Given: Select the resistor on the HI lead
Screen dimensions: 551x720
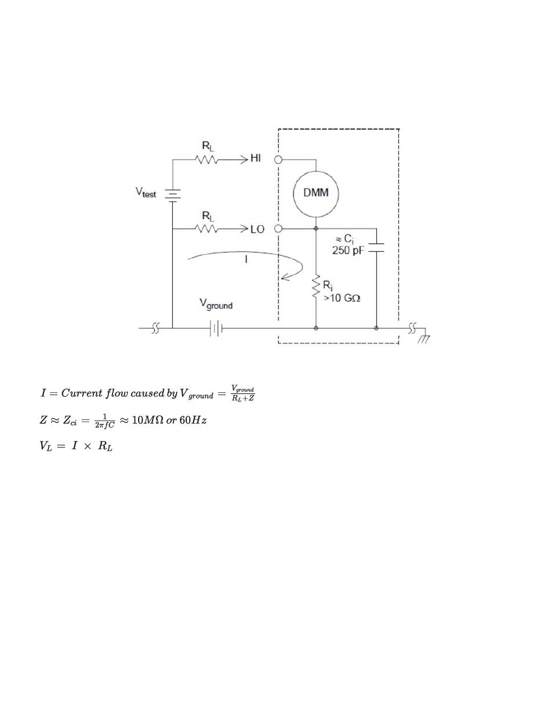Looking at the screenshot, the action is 206,160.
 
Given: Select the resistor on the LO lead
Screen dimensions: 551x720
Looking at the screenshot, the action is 206,229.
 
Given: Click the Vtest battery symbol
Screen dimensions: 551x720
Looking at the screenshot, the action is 172,196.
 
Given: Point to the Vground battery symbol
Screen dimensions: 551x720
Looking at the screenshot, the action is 216,328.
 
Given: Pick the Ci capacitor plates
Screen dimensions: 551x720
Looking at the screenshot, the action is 376,248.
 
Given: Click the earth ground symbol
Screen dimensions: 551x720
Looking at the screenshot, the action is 424,336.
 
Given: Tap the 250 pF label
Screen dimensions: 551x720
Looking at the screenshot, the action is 347,251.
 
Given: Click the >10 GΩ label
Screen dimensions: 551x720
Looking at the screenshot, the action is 342,298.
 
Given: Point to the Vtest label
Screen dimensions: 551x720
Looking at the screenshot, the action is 146,193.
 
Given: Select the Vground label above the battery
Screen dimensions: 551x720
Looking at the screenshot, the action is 216,304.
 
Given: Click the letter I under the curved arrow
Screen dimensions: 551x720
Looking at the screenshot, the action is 246,259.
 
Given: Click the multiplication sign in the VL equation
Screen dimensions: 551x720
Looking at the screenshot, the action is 88,446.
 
